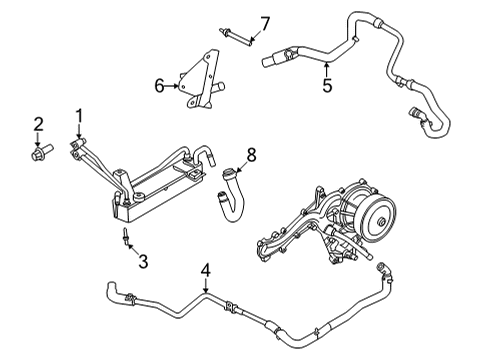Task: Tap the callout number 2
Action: coord(38,124)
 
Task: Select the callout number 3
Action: coord(143,262)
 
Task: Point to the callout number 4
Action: coord(205,269)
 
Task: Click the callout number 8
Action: coord(252,154)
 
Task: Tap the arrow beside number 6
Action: coord(174,86)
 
